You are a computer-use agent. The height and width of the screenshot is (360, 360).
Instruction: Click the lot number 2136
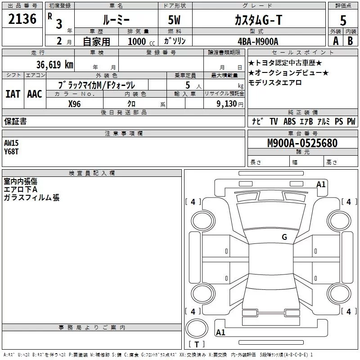(22, 19)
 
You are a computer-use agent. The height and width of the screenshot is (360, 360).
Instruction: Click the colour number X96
(75, 103)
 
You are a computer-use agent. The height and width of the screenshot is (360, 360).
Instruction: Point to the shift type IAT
(13, 94)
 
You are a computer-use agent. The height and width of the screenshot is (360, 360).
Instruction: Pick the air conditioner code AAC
(34, 94)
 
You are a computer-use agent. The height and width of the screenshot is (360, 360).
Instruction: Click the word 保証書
(15, 121)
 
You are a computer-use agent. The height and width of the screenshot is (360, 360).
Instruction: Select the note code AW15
(11, 143)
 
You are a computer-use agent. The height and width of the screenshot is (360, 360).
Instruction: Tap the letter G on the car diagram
(284, 237)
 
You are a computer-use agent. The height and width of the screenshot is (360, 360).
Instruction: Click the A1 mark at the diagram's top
(321, 184)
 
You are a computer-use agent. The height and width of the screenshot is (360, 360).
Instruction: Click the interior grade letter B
(350, 41)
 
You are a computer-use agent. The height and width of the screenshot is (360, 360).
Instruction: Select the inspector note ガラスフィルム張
(31, 198)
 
